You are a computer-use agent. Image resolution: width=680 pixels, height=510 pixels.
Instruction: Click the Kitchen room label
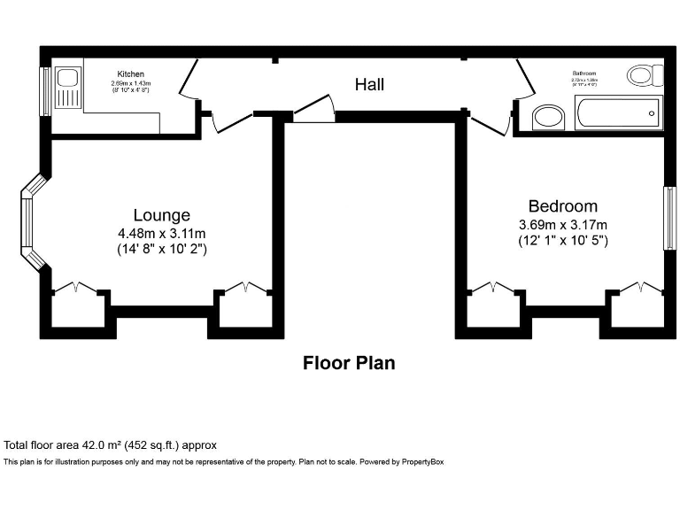tap(130, 73)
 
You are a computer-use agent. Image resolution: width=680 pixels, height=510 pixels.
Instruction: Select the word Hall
tap(369, 85)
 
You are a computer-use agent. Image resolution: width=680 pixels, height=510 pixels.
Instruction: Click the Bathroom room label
tap(584, 73)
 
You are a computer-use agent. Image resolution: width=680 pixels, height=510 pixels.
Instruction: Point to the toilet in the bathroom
tap(645, 76)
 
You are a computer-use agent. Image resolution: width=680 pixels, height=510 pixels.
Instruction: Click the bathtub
tap(617, 113)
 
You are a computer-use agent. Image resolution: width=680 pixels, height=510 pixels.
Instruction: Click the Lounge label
tap(161, 215)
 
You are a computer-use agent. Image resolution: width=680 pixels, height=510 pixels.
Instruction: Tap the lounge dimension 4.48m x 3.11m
tap(161, 234)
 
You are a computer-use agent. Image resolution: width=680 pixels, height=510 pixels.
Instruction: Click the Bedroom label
tap(562, 206)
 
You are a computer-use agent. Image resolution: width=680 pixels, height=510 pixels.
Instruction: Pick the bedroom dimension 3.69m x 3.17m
tap(562, 225)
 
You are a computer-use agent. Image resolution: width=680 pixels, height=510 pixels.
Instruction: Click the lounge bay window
tap(30, 221)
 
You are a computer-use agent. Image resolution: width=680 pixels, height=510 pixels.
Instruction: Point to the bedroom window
tap(670, 218)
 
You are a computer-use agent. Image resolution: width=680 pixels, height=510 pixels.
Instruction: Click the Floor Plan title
tap(349, 363)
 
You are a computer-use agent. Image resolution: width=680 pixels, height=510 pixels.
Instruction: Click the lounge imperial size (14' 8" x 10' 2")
tap(161, 250)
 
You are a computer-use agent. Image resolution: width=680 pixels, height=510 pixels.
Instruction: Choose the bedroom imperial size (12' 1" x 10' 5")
tap(562, 241)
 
